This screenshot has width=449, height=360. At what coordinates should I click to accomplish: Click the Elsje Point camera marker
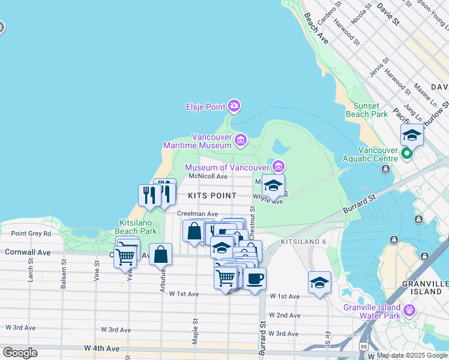tap(234, 107)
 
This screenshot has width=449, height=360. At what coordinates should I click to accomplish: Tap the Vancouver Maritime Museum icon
tap(241, 140)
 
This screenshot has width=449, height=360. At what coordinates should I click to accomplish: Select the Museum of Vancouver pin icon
tap(279, 166)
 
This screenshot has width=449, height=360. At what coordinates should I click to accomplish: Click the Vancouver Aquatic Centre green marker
tap(407, 154)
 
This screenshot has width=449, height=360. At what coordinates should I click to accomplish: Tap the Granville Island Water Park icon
tap(409, 310)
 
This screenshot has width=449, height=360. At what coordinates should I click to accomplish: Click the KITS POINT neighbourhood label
tap(212, 196)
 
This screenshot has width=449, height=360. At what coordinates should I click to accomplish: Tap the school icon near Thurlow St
tap(412, 136)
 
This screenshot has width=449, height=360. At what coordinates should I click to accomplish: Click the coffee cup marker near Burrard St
tap(255, 279)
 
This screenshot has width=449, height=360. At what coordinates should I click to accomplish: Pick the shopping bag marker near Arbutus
tap(161, 254)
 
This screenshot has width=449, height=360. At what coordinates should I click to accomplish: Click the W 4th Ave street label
tap(101, 348)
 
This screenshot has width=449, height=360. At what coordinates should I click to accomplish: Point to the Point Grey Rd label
tap(31, 233)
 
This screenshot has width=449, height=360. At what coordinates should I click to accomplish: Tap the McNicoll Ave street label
tap(208, 176)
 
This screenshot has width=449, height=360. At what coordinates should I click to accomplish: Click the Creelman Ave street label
tap(197, 214)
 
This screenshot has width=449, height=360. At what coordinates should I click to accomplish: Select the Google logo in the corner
tap(20, 353)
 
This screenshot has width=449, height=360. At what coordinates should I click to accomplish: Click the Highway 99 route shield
tap(364, 347)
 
